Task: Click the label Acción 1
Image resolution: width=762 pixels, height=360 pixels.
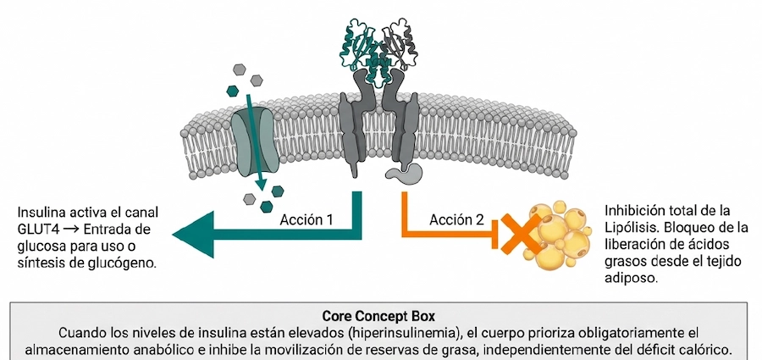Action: [x=306, y=219]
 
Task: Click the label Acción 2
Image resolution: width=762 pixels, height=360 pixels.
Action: [x=457, y=219]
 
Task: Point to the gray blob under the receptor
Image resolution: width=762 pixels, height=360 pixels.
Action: [x=404, y=174]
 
